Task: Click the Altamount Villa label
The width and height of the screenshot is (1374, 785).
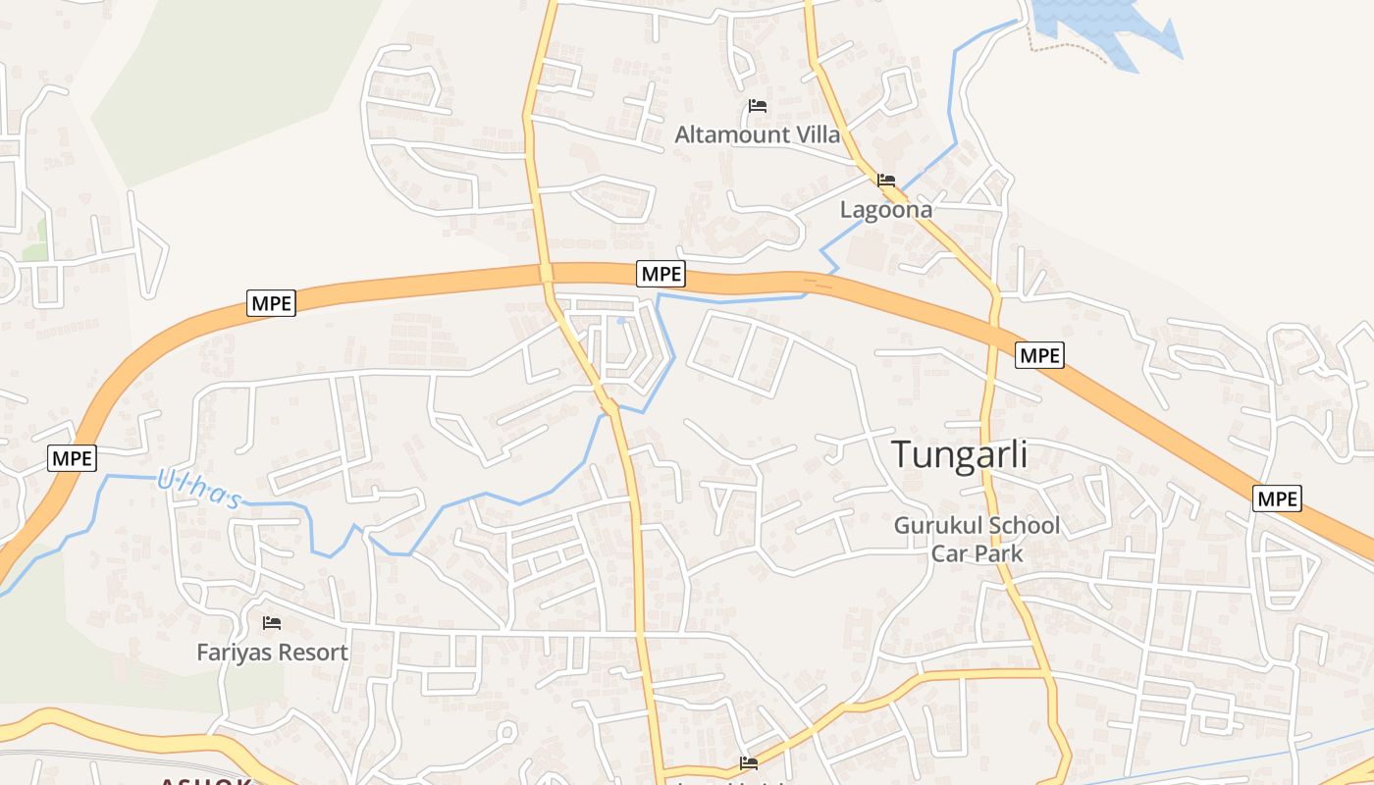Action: (758, 134)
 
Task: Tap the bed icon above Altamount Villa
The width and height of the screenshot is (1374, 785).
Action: (757, 106)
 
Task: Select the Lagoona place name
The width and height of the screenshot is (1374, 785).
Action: (886, 209)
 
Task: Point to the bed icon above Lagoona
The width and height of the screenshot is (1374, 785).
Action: (886, 181)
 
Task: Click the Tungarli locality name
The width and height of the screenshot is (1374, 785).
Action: (960, 455)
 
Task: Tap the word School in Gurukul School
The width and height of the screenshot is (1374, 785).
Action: (1024, 526)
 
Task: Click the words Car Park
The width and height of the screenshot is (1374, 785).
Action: (977, 553)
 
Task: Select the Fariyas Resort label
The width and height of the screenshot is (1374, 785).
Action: (272, 653)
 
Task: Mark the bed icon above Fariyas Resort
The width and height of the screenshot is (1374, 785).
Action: (272, 623)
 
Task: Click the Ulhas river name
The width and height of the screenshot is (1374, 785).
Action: (199, 490)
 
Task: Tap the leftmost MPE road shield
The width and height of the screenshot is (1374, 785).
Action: (73, 458)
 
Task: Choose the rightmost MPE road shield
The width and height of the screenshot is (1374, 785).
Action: (1278, 498)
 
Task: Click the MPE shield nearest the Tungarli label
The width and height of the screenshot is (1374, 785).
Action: (1039, 355)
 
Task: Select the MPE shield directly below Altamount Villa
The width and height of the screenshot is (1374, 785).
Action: (661, 274)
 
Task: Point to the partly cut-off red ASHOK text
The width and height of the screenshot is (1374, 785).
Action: (206, 781)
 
